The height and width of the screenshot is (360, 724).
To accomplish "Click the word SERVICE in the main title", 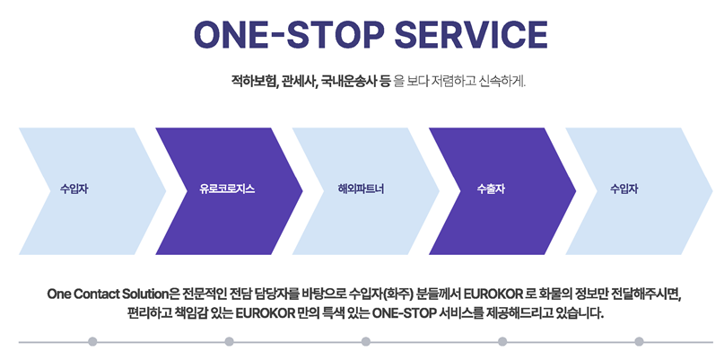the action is click(x=471, y=35).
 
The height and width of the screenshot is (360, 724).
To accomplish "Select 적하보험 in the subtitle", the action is click(x=254, y=83).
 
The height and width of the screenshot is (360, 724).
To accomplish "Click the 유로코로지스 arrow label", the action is click(x=227, y=189).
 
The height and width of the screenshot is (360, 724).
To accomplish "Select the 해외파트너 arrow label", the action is click(x=361, y=189).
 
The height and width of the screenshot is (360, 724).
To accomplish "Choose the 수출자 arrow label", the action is click(x=491, y=189).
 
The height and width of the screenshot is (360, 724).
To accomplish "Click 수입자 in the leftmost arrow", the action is click(x=74, y=189).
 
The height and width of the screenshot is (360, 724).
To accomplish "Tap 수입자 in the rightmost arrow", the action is click(x=624, y=189).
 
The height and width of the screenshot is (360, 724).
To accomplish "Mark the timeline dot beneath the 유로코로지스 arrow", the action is click(x=229, y=341).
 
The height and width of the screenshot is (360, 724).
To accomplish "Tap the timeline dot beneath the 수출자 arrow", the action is click(x=502, y=341).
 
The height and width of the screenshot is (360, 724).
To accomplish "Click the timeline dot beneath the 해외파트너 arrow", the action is click(x=366, y=341).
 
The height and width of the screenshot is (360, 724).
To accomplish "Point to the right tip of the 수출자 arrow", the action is click(x=576, y=191).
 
